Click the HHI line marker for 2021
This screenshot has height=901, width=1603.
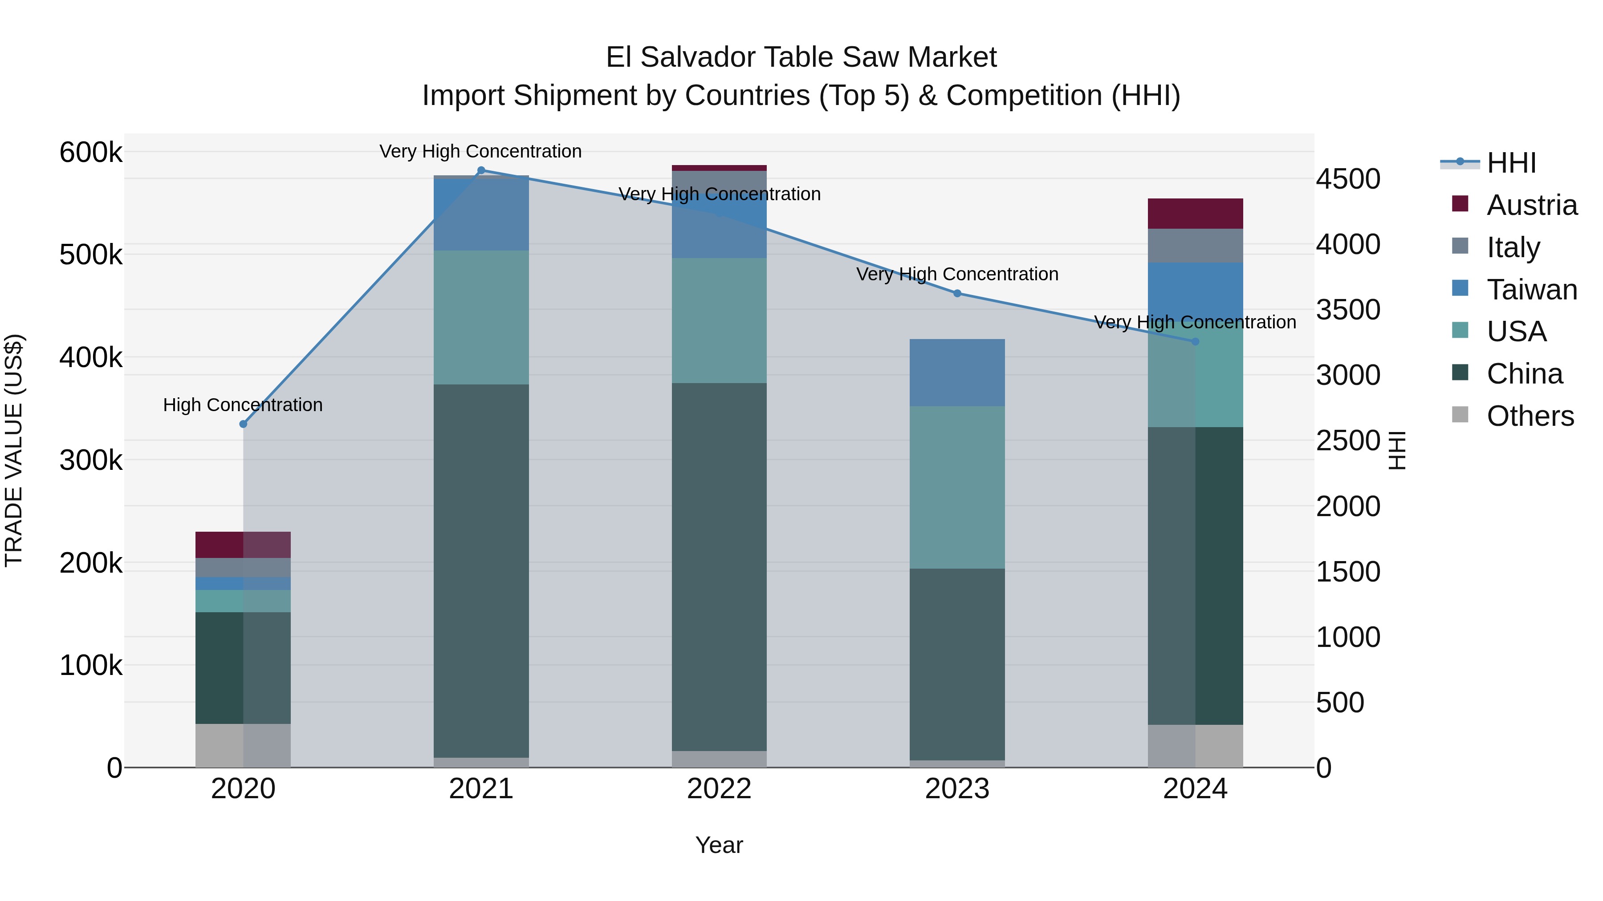(x=481, y=170)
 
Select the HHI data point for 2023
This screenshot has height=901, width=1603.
(x=957, y=294)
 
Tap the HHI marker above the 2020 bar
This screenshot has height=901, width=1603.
(x=243, y=424)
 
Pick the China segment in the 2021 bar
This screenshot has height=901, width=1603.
(x=481, y=570)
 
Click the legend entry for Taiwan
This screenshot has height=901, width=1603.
(x=1531, y=290)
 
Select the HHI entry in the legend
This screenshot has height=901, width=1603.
(x=1511, y=163)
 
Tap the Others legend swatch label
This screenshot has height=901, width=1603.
(x=1530, y=416)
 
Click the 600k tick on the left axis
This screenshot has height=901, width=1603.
(x=91, y=152)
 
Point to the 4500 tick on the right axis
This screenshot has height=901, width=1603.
(x=1348, y=179)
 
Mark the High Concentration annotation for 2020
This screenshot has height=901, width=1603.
(x=243, y=405)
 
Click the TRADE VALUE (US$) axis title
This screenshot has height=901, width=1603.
(x=14, y=450)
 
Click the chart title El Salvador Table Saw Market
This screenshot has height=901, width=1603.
(x=801, y=57)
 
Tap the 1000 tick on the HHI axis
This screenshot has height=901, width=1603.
(x=1348, y=637)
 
